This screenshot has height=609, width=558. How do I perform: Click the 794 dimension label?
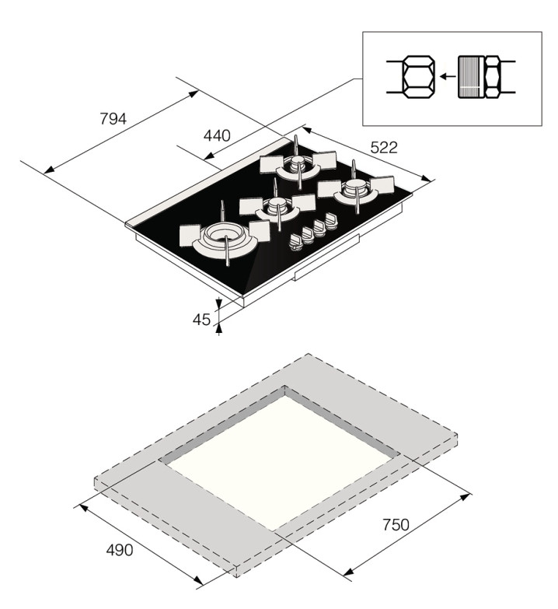(x=113, y=119)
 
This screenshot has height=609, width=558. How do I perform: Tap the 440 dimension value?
(x=217, y=135)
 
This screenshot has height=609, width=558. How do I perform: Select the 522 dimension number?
(x=384, y=148)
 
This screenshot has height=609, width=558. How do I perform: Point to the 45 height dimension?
(x=201, y=319)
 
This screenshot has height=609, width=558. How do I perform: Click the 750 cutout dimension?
(x=396, y=525)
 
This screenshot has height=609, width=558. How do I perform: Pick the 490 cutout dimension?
(x=120, y=550)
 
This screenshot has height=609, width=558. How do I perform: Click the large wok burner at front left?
(x=225, y=238)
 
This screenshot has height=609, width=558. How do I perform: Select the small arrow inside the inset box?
(x=448, y=76)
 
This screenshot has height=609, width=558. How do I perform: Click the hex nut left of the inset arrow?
(x=418, y=77)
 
